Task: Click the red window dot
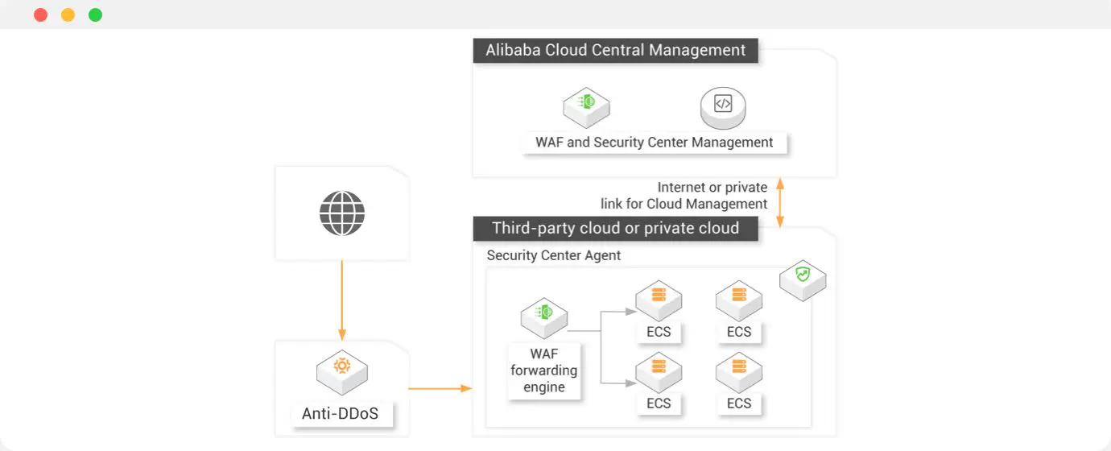(x=40, y=14)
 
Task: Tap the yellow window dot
(x=68, y=14)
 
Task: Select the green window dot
(x=95, y=14)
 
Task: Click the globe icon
(x=342, y=213)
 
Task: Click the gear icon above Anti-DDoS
(x=342, y=366)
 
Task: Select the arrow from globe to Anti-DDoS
(x=342, y=298)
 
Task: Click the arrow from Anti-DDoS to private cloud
(x=440, y=388)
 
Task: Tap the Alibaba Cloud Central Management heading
(x=615, y=50)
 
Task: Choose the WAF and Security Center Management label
(x=654, y=143)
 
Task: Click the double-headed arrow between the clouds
(x=779, y=202)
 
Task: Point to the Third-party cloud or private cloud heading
(x=615, y=228)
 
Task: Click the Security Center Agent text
(x=554, y=255)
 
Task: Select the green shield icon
(x=803, y=275)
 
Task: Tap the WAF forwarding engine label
(x=544, y=370)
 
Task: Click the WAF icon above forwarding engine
(x=544, y=313)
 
